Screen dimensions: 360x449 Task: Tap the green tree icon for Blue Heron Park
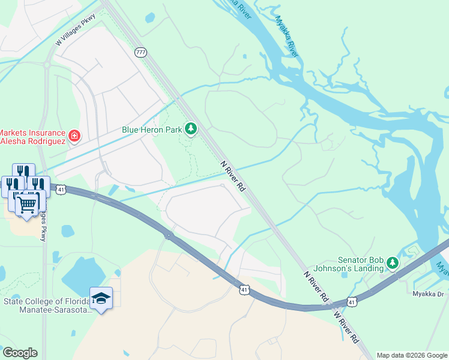point(191,129)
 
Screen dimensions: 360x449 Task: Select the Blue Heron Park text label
point(151,129)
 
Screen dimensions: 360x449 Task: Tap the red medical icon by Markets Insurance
point(74,136)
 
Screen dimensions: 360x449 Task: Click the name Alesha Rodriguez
point(32,142)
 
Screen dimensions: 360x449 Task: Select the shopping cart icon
point(27,205)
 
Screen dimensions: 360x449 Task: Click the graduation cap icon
point(101,298)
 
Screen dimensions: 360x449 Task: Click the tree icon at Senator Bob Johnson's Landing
point(392,263)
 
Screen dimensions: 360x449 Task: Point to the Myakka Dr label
point(427,294)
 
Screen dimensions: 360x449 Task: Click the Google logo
point(19,353)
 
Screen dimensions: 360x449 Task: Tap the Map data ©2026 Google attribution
point(412,355)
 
